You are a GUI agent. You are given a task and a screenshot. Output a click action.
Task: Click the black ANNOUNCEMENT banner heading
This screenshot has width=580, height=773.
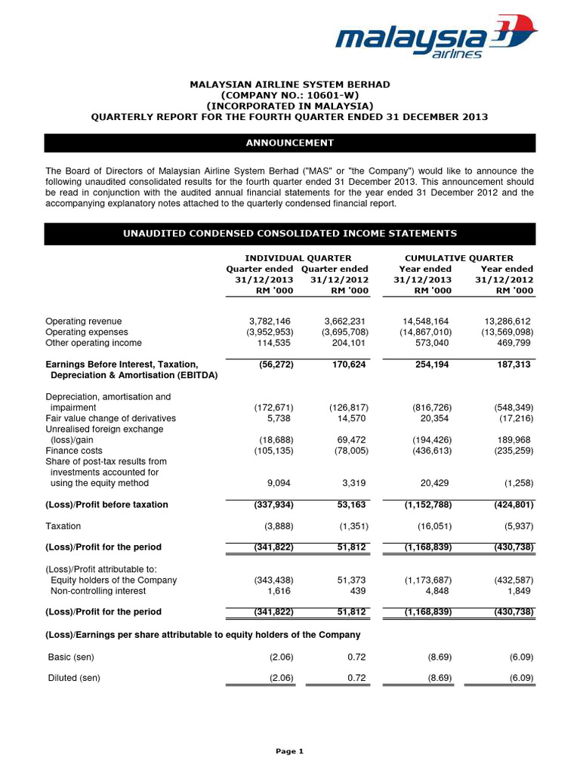pos(290,143)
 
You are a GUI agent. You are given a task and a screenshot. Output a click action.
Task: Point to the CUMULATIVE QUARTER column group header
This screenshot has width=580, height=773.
pos(459,258)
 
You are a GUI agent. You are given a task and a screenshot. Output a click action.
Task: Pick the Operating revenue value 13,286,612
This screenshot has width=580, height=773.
pos(506,322)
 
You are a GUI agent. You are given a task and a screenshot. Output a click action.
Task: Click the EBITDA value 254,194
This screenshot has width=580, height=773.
pos(430,365)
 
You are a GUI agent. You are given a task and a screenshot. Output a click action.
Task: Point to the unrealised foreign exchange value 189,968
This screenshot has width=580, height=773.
pos(511,440)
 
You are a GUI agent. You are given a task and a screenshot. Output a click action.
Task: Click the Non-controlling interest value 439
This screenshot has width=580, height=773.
pos(359,591)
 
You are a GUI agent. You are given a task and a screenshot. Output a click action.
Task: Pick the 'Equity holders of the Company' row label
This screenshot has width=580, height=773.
pos(113,581)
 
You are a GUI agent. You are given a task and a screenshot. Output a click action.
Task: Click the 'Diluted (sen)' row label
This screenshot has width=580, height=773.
pos(74,678)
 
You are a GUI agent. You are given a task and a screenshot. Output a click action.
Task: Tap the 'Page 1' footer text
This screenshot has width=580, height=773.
pos(289,751)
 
